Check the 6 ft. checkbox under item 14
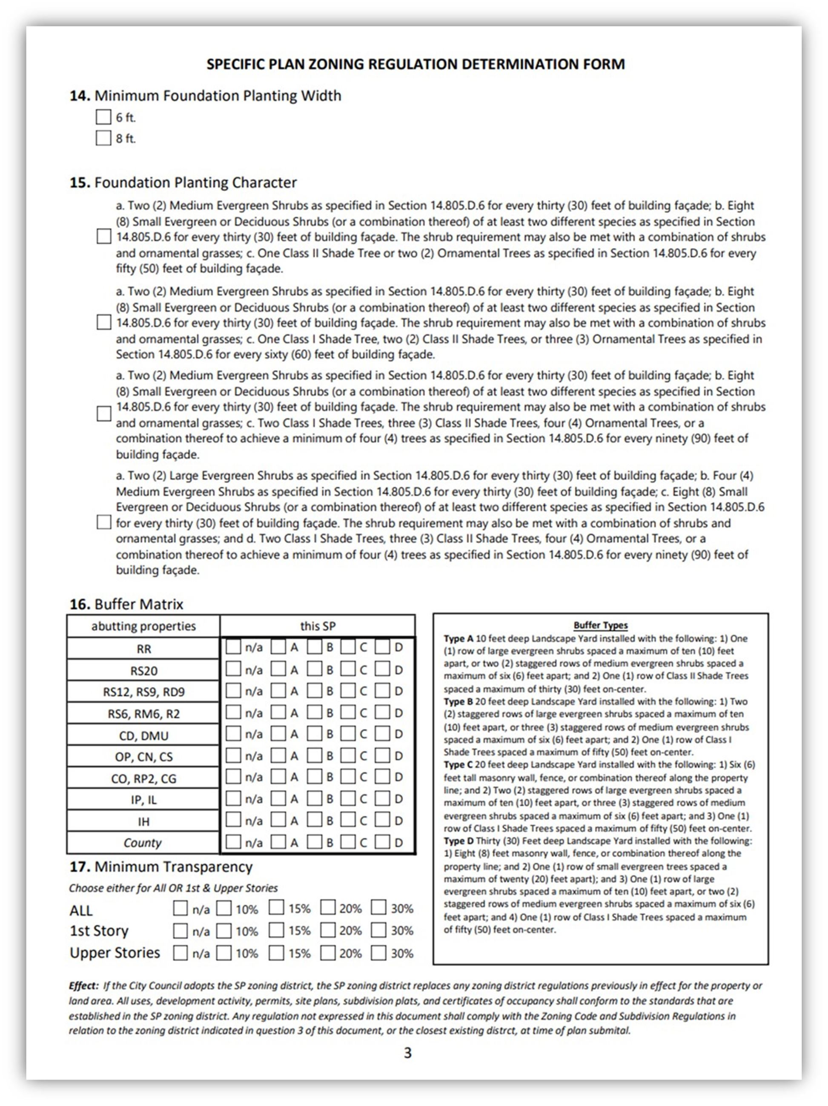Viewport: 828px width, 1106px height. tap(103, 117)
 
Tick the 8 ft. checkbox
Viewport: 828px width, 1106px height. tap(103, 138)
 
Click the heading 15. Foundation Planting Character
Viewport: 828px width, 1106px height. tap(183, 182)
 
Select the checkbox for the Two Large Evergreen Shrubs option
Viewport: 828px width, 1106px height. tap(103, 522)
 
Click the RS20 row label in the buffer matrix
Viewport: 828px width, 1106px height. tap(143, 670)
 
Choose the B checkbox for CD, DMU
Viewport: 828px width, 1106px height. tap(314, 733)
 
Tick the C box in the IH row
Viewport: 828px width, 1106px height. tap(348, 820)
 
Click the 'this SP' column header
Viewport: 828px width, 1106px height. tap(318, 626)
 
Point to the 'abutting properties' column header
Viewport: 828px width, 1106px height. tap(143, 626)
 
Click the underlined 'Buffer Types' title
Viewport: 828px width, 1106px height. tap(600, 625)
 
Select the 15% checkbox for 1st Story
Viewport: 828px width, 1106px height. tap(276, 930)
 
